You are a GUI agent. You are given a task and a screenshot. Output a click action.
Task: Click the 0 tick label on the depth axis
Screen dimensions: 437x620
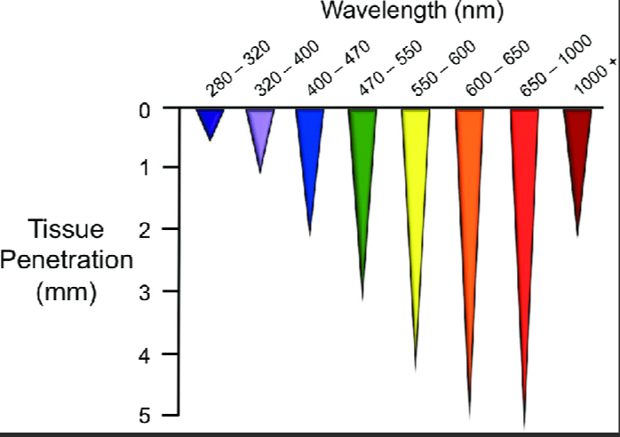point(143,110)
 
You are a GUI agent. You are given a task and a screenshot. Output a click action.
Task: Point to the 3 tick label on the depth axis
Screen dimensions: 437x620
point(143,291)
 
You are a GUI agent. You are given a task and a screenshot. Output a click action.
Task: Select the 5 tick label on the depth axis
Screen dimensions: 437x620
point(143,415)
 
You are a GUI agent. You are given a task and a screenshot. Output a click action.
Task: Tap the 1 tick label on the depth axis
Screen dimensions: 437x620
point(143,167)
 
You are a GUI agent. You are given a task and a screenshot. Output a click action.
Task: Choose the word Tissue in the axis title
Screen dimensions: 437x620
point(67,229)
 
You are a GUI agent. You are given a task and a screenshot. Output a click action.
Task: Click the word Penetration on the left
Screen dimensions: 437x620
point(67,261)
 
